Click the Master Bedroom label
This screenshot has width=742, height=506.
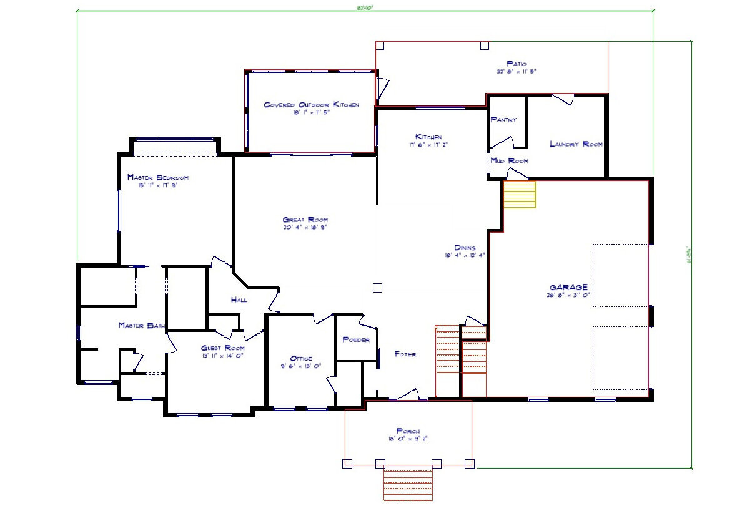tap(157, 177)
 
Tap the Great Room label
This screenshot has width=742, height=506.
tap(305, 220)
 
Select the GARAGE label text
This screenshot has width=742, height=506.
tap(568, 287)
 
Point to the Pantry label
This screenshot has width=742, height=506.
tap(503, 119)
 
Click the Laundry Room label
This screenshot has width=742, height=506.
tap(576, 144)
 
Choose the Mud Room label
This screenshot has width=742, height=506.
tap(510, 161)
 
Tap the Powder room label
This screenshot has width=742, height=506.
tap(356, 340)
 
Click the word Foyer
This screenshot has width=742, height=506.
tap(405, 354)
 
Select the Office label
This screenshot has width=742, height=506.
tap(301, 359)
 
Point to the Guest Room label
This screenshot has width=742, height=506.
tap(222, 348)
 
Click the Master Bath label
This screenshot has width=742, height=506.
tap(141, 325)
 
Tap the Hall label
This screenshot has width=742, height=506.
tap(239, 300)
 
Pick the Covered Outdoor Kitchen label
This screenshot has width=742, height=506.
tap(311, 105)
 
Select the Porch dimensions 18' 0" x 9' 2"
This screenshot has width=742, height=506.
tap(407, 439)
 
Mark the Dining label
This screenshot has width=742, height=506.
tap(465, 248)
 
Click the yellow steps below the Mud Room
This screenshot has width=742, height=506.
tap(520, 194)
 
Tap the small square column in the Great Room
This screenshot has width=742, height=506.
tap(377, 288)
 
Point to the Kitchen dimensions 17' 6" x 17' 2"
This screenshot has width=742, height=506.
tap(428, 144)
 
